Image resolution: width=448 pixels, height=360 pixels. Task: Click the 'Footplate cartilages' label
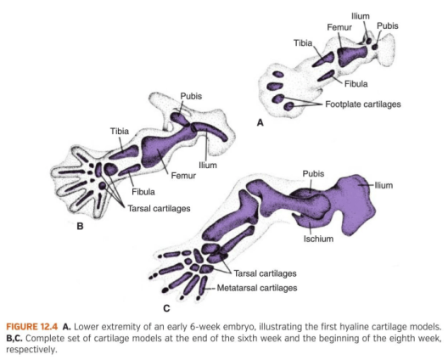pyautogui.click(x=363, y=104)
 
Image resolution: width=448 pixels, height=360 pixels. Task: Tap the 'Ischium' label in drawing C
pyautogui.click(x=318, y=239)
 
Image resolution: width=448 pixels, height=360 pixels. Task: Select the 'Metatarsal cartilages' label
pyautogui.click(x=257, y=288)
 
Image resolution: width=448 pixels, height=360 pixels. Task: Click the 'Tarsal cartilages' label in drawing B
pyautogui.click(x=159, y=209)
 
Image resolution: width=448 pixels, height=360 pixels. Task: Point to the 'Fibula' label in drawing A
pyautogui.click(x=356, y=84)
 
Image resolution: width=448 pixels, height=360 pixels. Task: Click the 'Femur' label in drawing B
pyautogui.click(x=183, y=176)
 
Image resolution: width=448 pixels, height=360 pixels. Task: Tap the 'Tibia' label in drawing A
pyautogui.click(x=303, y=43)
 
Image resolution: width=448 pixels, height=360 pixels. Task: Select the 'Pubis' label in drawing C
pyautogui.click(x=313, y=174)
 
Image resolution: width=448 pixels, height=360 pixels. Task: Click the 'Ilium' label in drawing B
pyautogui.click(x=208, y=166)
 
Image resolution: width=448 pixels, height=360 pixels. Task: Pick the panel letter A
pyautogui.click(x=260, y=122)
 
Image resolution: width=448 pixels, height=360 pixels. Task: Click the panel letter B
pyautogui.click(x=80, y=226)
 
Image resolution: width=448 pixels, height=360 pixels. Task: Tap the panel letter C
pyautogui.click(x=166, y=308)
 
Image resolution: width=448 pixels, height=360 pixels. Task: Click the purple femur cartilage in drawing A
pyautogui.click(x=351, y=55)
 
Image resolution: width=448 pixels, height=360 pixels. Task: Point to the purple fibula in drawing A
pyautogui.click(x=326, y=76)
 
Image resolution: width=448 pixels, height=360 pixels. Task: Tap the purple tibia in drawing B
pyautogui.click(x=124, y=153)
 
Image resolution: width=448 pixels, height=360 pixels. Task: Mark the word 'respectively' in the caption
pyautogui.click(x=31, y=350)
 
